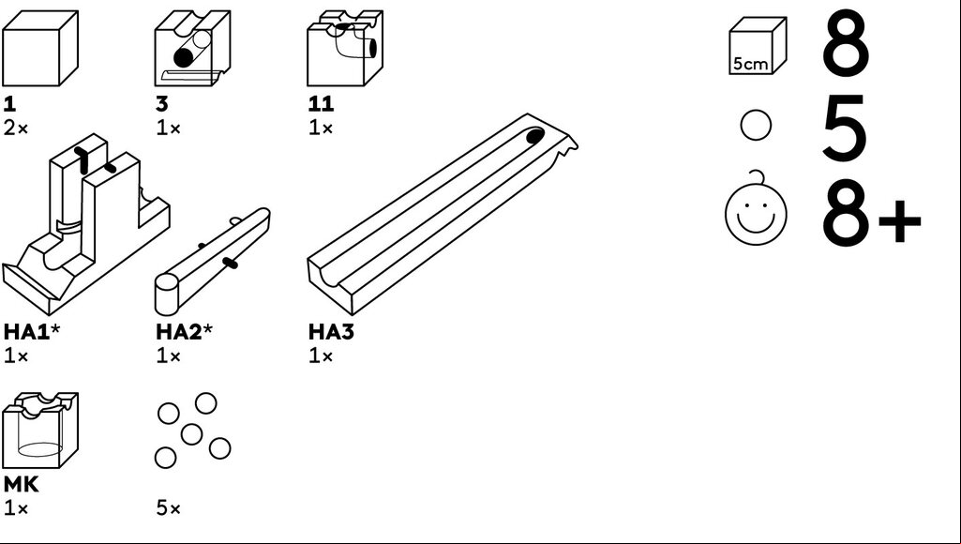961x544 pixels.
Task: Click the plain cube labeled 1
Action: (40, 49)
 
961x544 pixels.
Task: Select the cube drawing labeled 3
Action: (192, 49)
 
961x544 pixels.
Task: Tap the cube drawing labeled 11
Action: (345, 48)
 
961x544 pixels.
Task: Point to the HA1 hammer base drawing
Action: (86, 224)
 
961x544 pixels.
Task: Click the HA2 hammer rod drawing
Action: (212, 262)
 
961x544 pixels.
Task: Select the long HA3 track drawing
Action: (442, 214)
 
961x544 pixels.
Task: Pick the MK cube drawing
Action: (40, 430)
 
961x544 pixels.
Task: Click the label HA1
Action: (27, 332)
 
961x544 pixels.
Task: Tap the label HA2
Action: (180, 332)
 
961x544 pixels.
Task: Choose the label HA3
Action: (332, 332)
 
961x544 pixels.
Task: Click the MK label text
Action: (21, 485)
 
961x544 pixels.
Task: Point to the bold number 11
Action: (322, 104)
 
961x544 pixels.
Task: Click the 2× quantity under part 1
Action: (16, 128)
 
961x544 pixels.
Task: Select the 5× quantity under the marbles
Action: (169, 507)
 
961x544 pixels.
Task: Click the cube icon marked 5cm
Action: (758, 45)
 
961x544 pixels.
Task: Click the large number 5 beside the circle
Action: (845, 128)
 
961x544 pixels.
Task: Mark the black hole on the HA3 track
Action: (535, 136)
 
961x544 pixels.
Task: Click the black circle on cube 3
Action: (183, 57)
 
